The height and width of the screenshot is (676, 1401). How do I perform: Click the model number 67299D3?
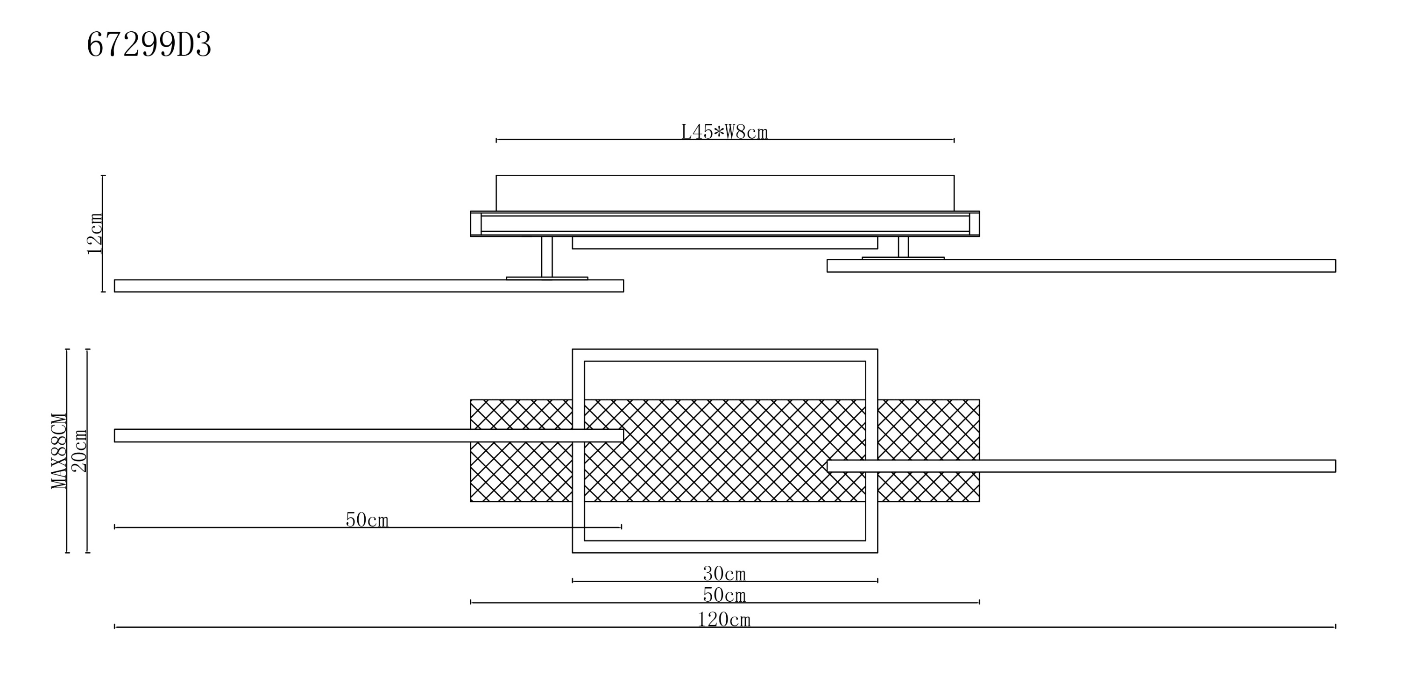click(149, 45)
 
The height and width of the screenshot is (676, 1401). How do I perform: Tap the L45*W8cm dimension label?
click(724, 132)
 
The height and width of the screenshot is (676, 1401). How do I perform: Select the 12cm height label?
click(95, 234)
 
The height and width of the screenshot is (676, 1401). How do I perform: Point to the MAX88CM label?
click(59, 451)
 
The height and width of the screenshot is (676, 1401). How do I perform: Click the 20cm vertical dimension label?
click(80, 451)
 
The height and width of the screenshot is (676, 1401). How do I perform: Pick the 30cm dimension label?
click(724, 574)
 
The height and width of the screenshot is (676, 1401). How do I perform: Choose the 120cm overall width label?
click(724, 619)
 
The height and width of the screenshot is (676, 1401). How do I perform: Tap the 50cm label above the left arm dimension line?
click(367, 520)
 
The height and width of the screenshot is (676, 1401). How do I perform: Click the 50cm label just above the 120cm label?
click(724, 595)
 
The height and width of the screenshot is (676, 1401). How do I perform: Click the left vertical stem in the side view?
click(547, 257)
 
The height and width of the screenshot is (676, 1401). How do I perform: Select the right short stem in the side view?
click(903, 247)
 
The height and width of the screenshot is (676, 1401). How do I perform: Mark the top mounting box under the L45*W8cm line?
click(725, 193)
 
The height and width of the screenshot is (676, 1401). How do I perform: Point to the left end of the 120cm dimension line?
click(115, 627)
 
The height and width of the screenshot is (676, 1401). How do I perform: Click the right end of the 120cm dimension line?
click(1335, 627)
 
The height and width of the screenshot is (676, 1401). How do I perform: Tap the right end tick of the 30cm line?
click(877, 581)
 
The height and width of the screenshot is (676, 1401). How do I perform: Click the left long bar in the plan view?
click(369, 435)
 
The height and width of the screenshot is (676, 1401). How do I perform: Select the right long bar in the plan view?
click(1081, 466)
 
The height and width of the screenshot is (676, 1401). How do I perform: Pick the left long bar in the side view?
click(369, 286)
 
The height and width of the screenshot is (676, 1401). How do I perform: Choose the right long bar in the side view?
click(1081, 266)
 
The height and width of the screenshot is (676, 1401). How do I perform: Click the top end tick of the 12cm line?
click(103, 175)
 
